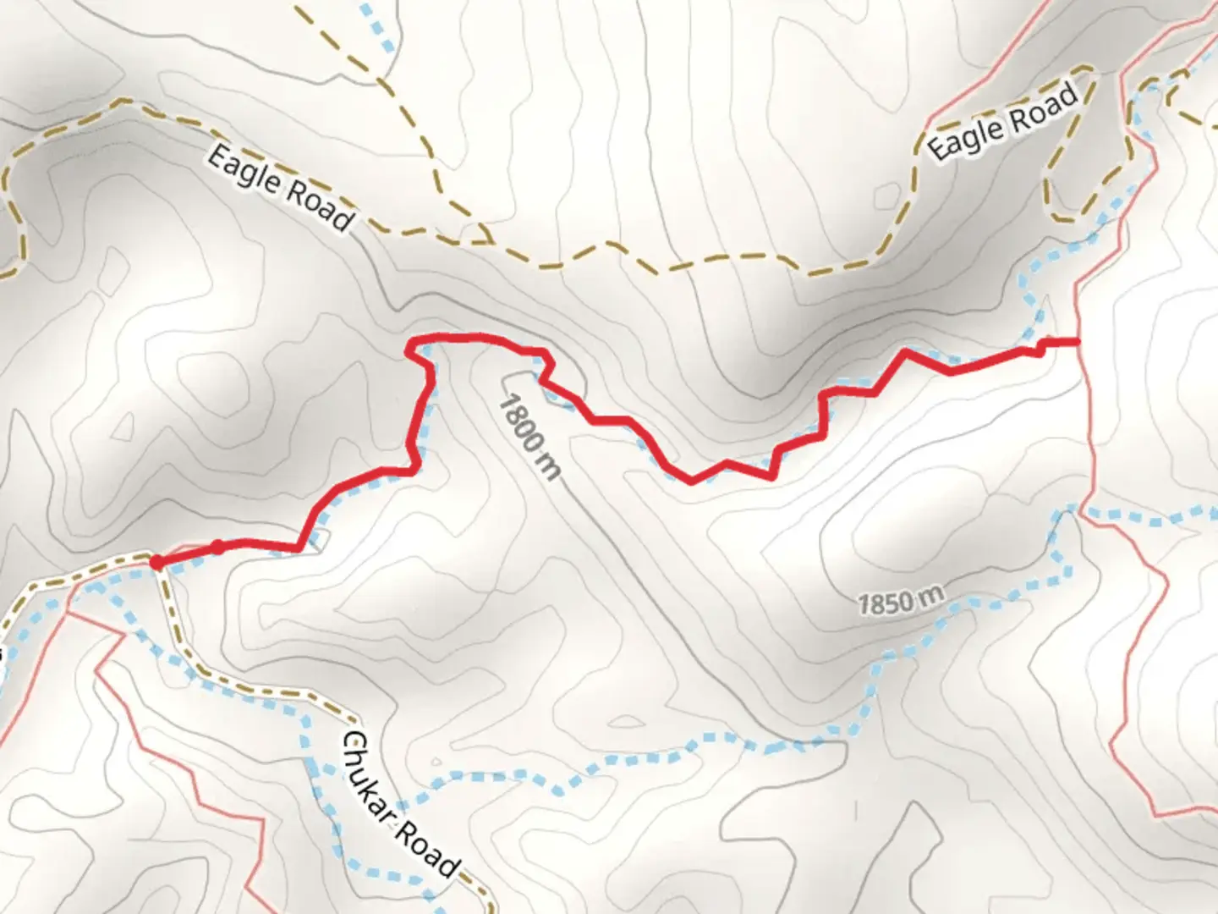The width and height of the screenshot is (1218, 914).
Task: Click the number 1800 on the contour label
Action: (518, 424)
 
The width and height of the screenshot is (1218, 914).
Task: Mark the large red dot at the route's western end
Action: (156, 561)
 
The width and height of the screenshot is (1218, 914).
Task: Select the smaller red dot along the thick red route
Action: (217, 547)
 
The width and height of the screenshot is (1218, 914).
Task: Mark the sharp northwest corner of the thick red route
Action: (412, 343)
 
